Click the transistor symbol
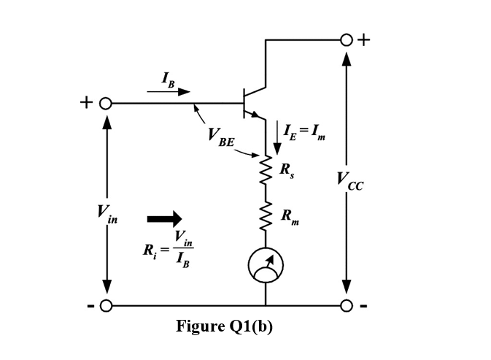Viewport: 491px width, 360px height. (x=252, y=103)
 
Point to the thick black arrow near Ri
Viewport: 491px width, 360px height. (x=164, y=218)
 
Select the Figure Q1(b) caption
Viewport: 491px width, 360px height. (x=224, y=326)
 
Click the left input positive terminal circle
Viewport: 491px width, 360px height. (x=106, y=103)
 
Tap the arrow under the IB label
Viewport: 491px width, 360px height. (x=169, y=92)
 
